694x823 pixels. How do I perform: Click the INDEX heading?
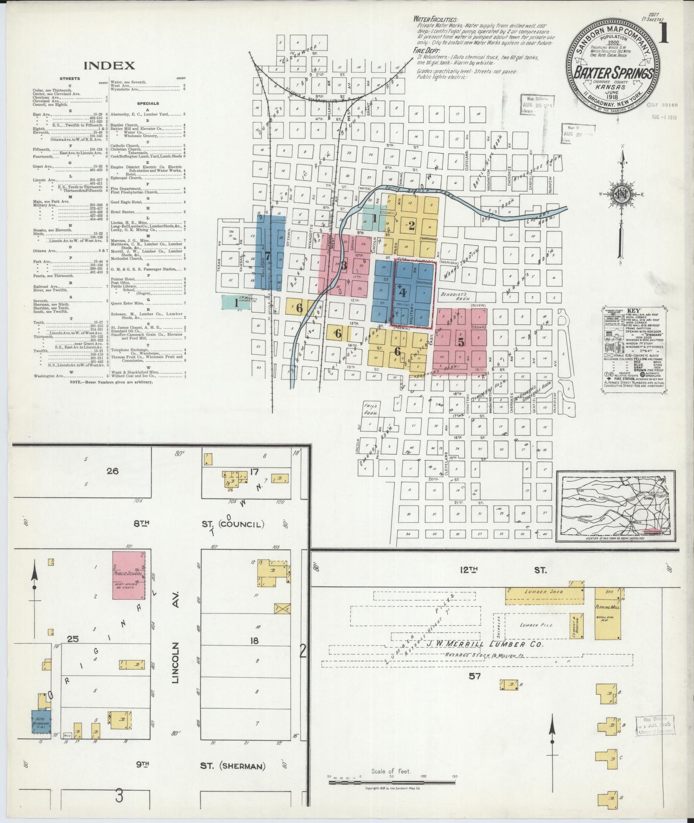click(109, 65)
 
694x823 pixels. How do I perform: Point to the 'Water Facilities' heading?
click(435, 20)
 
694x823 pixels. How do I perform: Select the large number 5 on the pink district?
click(461, 342)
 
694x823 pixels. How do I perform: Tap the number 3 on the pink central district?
click(343, 265)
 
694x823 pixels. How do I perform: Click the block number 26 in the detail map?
click(112, 471)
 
